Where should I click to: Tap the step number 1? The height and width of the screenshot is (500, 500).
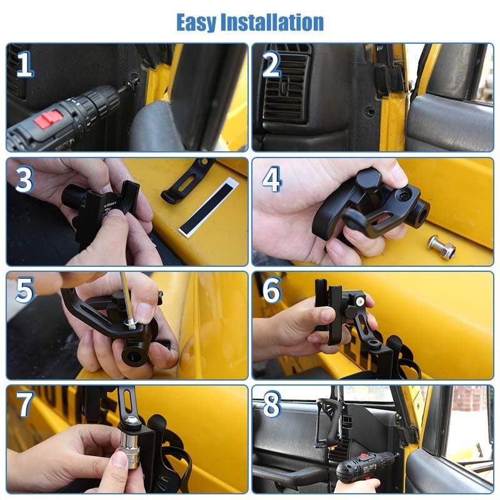tap(24, 64)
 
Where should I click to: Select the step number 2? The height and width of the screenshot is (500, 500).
tap(271, 64)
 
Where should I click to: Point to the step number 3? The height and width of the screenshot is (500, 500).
tap(24, 179)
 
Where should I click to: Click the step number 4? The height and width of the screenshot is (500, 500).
tap(271, 179)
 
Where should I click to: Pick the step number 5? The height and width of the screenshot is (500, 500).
tap(24, 291)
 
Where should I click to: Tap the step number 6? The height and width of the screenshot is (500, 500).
tap(271, 291)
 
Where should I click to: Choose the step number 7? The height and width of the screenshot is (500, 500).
tap(24, 404)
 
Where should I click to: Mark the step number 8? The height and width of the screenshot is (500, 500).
tap(271, 404)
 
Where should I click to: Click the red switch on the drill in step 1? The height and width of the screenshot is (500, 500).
tap(48, 118)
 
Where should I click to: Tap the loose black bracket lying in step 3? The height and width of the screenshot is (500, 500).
tap(186, 181)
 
